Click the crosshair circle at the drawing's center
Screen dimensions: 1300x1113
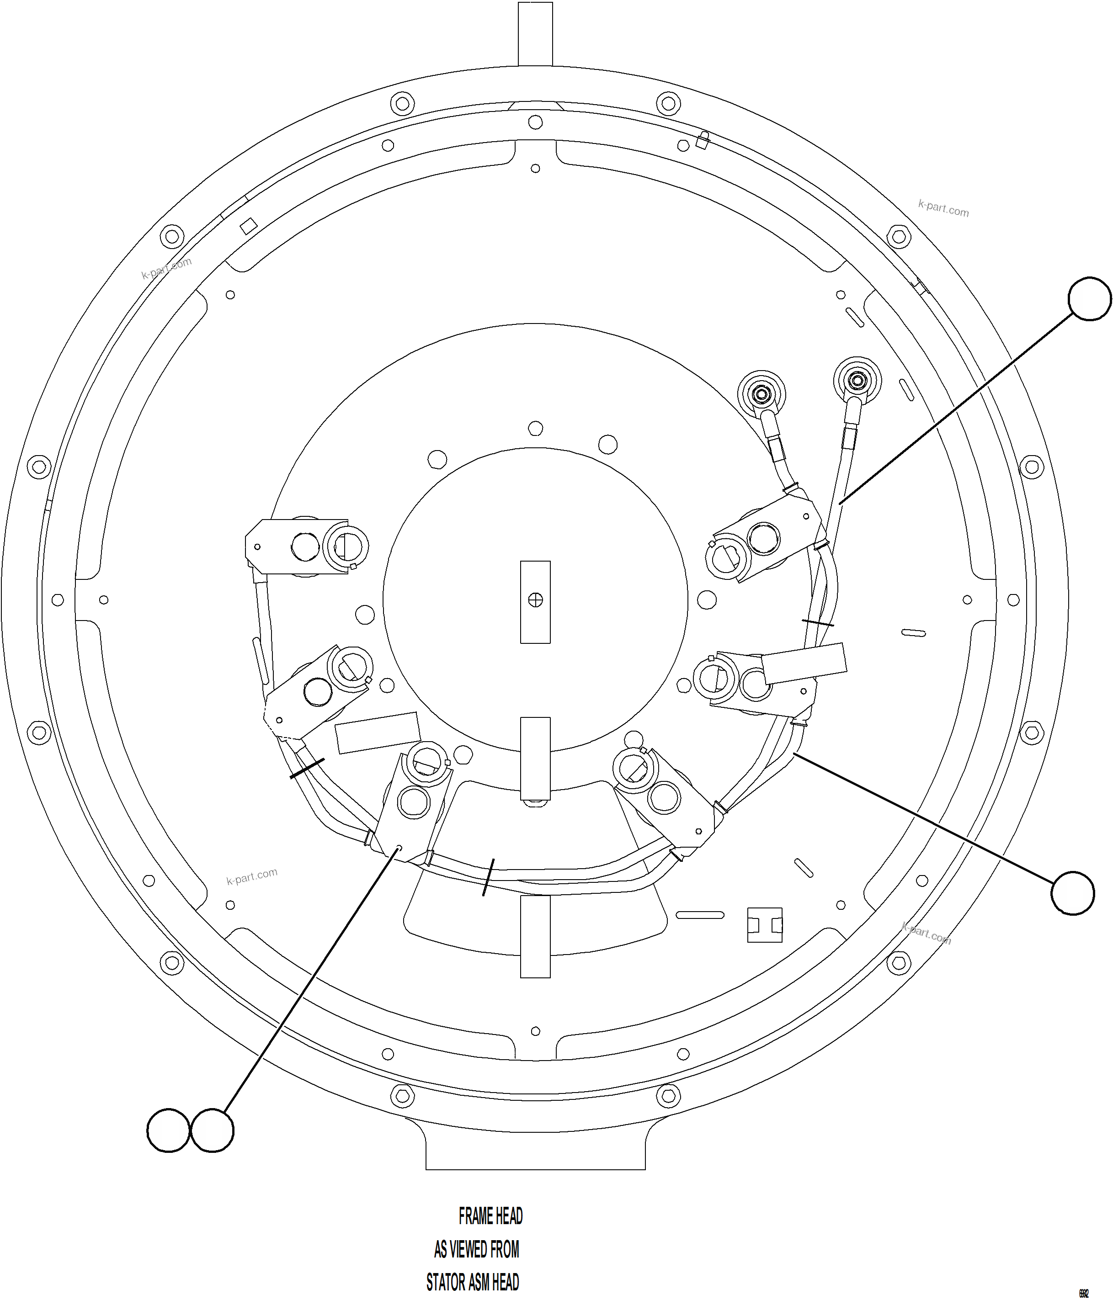point(535,600)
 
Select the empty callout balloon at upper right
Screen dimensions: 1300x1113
point(1090,299)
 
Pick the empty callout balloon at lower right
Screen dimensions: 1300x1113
point(1073,893)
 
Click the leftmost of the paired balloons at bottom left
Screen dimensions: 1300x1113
point(168,1130)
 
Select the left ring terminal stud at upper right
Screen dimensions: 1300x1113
point(762,395)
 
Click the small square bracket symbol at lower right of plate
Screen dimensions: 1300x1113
point(765,925)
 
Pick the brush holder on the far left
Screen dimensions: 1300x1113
point(306,547)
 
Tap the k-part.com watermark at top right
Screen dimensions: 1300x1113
point(943,208)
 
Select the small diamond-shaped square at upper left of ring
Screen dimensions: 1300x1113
point(249,226)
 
